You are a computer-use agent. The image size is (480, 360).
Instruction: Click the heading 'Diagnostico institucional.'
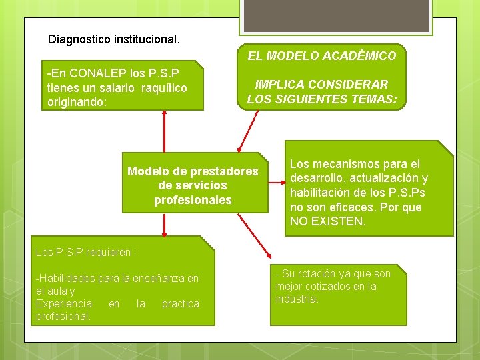click(114, 39)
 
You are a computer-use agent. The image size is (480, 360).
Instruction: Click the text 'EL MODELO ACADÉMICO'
click(322, 56)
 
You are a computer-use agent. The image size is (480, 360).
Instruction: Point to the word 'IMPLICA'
click(279, 85)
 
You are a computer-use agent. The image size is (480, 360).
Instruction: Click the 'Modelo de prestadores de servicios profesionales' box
click(192, 185)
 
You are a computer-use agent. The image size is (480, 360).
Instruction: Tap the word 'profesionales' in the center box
click(193, 200)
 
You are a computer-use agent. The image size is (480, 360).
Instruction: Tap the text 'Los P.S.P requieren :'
click(86, 253)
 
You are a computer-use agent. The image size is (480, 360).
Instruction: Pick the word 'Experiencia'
click(64, 303)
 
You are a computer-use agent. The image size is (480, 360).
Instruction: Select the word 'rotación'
click(318, 274)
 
